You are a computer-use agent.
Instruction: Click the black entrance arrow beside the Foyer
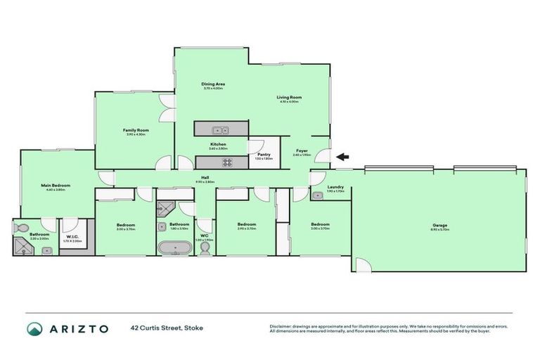tap(343, 157)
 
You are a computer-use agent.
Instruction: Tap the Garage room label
tap(440, 226)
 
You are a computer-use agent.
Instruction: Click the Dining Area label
tap(212, 84)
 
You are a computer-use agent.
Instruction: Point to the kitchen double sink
tap(221, 129)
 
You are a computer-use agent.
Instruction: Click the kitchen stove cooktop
tap(228, 162)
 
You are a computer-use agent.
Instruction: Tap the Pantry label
tap(264, 154)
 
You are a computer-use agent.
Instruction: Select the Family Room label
tap(135, 130)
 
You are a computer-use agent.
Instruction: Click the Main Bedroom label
tap(58, 186)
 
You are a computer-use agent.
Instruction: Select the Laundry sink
tap(317, 196)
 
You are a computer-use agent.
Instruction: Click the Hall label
tap(205, 177)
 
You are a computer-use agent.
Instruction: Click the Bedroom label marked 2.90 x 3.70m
tap(247, 224)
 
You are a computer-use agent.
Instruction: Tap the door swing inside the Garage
tap(362, 265)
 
